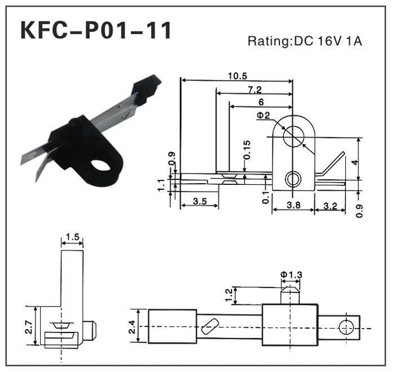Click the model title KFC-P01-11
(x=95, y=30)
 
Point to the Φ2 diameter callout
(x=263, y=116)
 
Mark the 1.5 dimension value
(x=72, y=237)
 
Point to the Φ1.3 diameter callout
(x=291, y=274)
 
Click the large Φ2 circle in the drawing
(x=293, y=135)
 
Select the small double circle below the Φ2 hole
(x=292, y=179)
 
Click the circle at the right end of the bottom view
(x=345, y=326)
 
